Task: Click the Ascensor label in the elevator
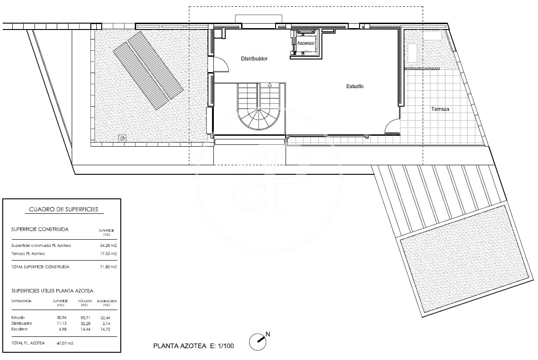click(306, 43)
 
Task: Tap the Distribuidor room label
click(254, 59)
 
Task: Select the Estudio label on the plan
click(355, 86)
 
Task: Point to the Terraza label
click(440, 109)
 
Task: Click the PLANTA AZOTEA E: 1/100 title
click(193, 346)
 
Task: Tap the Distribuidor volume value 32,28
click(85, 323)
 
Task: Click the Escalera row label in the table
click(20, 329)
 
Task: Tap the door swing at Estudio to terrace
click(392, 127)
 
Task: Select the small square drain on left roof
click(122, 138)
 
